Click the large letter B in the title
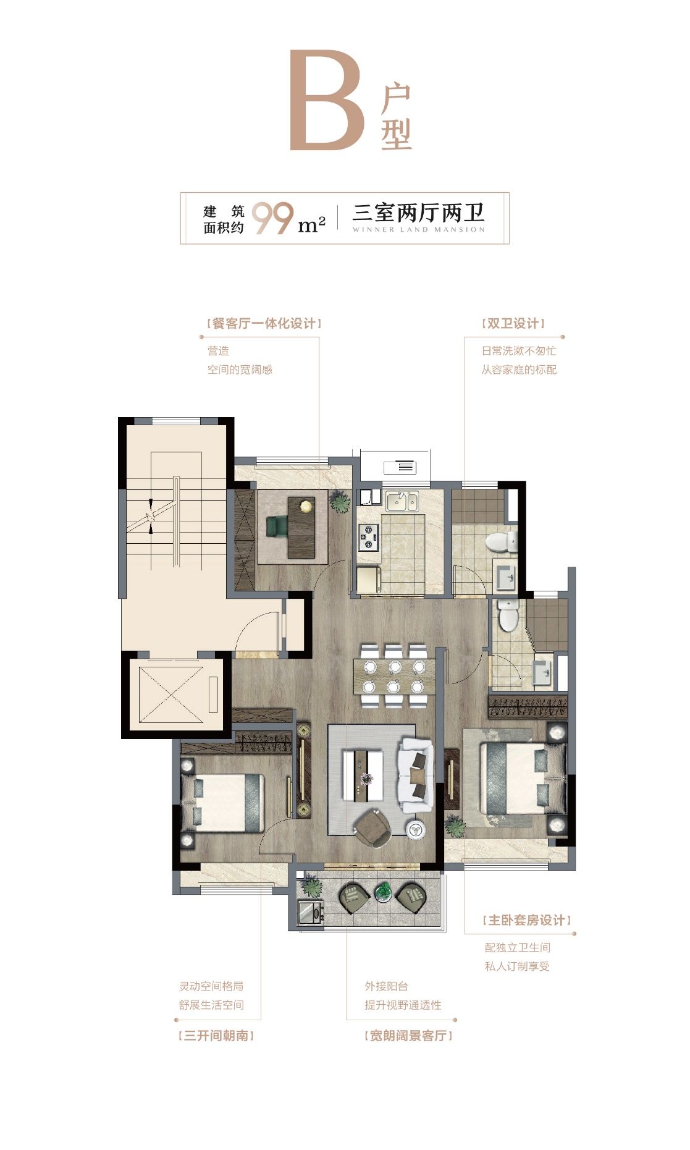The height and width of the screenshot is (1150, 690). (x=327, y=101)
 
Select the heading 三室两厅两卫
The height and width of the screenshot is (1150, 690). (x=418, y=213)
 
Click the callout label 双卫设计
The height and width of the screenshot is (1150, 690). (x=513, y=324)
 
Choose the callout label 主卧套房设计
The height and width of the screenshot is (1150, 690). (x=527, y=920)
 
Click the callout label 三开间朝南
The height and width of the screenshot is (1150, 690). (x=216, y=1036)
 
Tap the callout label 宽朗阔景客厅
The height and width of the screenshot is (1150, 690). (x=408, y=1036)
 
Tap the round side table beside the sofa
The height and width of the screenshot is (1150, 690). (x=415, y=828)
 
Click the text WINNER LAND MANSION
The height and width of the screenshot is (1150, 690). (x=418, y=230)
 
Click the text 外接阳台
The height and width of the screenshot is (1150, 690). (x=386, y=986)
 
